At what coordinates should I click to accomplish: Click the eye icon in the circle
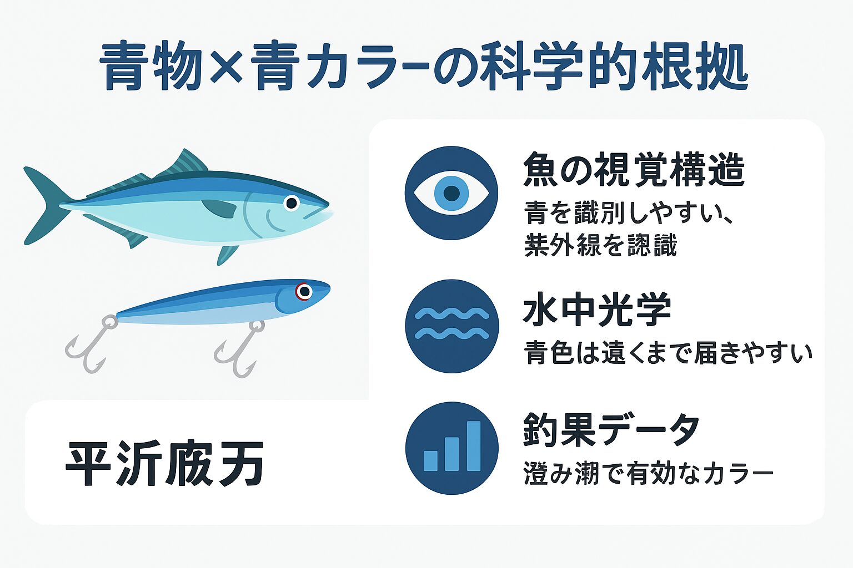[x=451, y=193]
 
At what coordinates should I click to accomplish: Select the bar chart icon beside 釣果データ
[x=451, y=448]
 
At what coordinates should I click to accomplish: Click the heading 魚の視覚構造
[x=634, y=170]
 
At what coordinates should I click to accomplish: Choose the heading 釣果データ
[x=611, y=430]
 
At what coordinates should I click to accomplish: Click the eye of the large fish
[x=291, y=203]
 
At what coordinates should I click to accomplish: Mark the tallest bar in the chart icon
[x=473, y=446]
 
